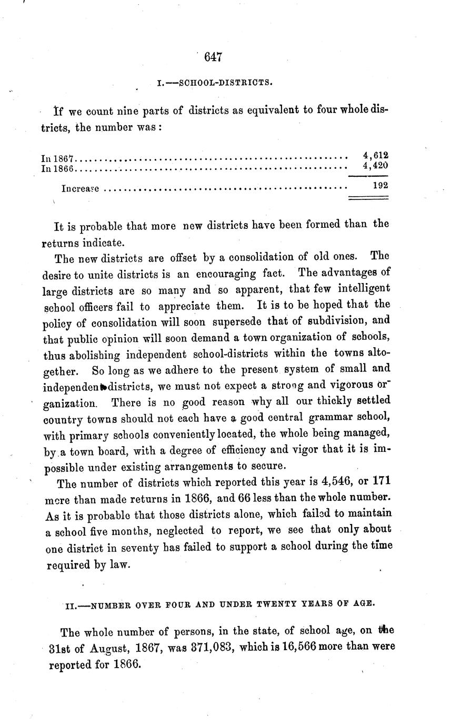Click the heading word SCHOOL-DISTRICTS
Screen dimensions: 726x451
226,83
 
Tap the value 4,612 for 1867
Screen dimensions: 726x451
376,155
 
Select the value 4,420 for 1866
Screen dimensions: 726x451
376,165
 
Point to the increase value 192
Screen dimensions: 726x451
380,185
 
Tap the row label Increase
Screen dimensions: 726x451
81,188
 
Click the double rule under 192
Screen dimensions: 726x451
368,198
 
